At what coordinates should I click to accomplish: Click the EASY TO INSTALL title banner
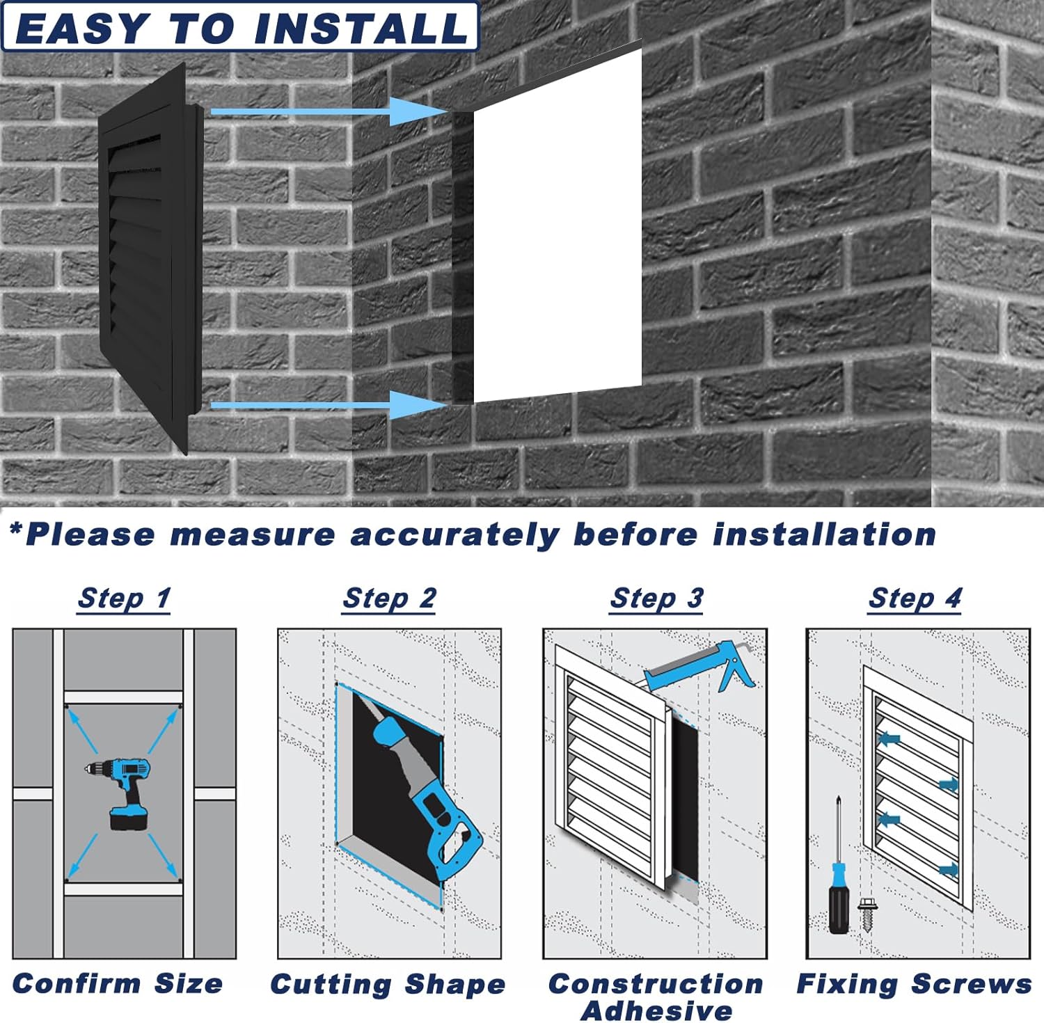(240, 26)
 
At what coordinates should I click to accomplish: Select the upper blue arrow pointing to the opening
(327, 111)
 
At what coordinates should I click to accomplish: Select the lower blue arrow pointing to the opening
(327, 404)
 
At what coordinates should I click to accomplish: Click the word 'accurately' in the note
(454, 534)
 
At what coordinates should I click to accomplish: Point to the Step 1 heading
(124, 598)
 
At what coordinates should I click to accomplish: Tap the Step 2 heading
(389, 598)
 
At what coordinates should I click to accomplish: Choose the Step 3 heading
(656, 598)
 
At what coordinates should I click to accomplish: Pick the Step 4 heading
(915, 598)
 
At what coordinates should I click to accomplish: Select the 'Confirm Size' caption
(118, 983)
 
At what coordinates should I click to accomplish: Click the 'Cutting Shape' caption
(388, 985)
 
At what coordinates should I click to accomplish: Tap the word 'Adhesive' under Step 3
(656, 1010)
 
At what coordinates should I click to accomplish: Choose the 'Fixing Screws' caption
(915, 984)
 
